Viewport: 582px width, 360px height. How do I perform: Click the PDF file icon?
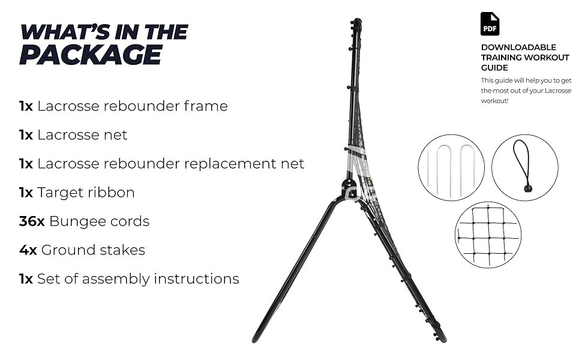(490, 24)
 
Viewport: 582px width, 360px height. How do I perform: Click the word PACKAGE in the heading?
(91, 55)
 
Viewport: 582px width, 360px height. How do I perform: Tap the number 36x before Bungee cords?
(32, 221)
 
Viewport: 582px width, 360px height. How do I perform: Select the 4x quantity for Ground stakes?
(28, 250)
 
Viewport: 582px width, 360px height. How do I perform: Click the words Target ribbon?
(86, 193)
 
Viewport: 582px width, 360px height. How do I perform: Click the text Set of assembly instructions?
(138, 279)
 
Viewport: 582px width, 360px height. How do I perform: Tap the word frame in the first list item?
(206, 106)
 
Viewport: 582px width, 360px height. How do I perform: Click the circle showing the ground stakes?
(451, 167)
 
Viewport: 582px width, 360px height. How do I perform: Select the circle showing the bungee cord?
(524, 167)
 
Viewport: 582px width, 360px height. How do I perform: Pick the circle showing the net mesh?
(488, 234)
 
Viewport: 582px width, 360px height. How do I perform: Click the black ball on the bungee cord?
(528, 188)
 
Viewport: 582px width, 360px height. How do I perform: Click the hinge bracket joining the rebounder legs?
(348, 187)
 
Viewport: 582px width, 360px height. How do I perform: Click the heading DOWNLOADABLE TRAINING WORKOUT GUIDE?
(518, 58)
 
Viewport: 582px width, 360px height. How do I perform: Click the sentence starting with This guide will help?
(526, 91)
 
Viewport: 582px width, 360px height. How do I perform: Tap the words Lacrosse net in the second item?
(82, 135)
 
